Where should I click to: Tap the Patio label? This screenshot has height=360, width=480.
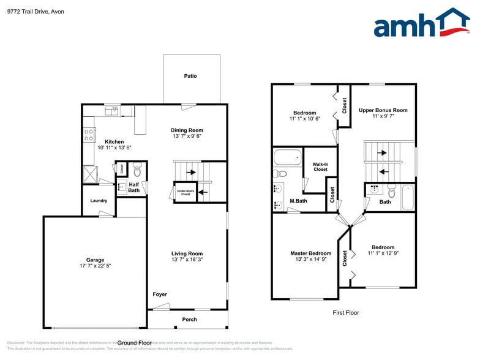click(190, 76)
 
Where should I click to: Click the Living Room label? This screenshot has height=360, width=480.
click(187, 253)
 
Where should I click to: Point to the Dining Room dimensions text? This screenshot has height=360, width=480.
click(187, 137)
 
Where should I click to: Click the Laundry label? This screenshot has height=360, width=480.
click(99, 201)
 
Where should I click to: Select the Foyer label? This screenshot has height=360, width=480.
click(160, 294)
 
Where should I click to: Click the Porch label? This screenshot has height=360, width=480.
click(190, 320)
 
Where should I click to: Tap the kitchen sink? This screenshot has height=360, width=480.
click(111, 110)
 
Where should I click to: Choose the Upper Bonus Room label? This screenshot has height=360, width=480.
click(383, 110)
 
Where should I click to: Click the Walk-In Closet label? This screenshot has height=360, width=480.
click(320, 167)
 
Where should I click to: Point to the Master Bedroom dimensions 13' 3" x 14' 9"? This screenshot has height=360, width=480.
click(310, 260)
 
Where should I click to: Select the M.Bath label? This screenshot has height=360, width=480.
click(298, 201)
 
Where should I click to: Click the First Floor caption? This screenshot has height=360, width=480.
click(346, 312)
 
